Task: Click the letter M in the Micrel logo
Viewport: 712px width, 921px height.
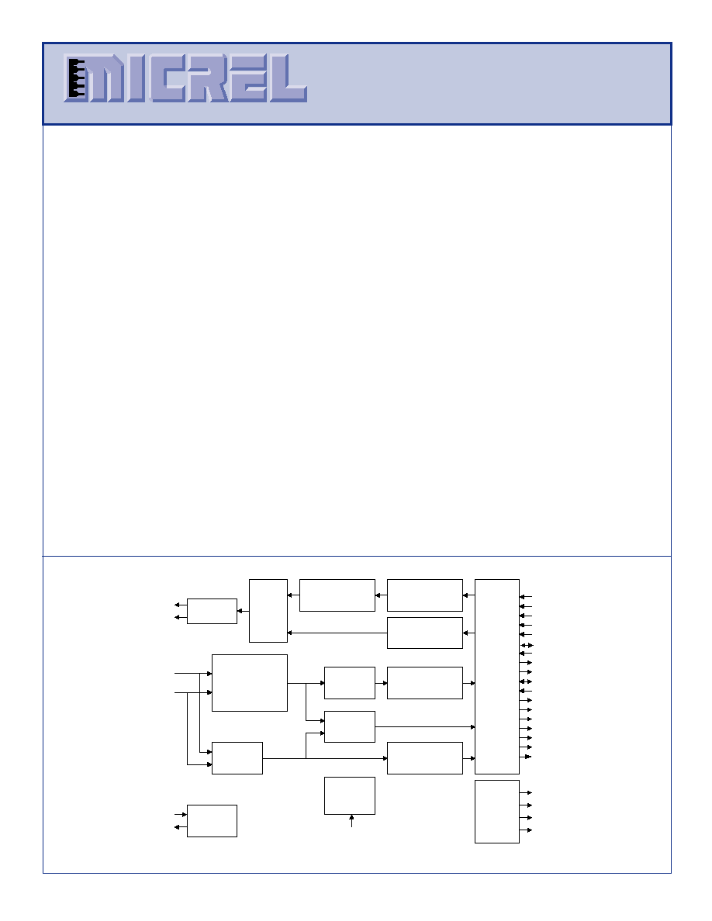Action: coord(105,79)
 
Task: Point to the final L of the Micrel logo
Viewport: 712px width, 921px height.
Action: coord(288,79)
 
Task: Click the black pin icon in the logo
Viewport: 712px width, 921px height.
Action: coord(76,78)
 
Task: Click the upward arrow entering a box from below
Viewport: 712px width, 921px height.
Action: coord(351,820)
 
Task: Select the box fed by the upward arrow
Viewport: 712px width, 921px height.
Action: coord(350,796)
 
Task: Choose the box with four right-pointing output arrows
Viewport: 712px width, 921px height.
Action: coord(497,812)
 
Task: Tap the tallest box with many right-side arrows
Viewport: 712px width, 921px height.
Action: coord(497,677)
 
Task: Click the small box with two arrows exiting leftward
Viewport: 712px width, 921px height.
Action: coord(212,612)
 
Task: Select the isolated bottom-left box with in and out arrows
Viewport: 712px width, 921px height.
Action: coord(212,820)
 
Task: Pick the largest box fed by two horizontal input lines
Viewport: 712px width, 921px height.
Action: coord(250,683)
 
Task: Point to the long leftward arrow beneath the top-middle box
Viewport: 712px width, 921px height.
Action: coord(337,633)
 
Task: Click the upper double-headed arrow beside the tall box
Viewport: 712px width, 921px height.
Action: coord(527,646)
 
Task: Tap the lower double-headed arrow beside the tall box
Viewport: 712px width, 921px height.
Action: coord(527,681)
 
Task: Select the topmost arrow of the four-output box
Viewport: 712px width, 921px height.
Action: coord(526,793)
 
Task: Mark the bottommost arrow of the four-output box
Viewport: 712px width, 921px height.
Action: coord(526,830)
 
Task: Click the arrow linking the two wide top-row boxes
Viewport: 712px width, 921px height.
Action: coord(382,595)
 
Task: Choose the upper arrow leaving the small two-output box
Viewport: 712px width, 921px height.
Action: coord(181,605)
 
